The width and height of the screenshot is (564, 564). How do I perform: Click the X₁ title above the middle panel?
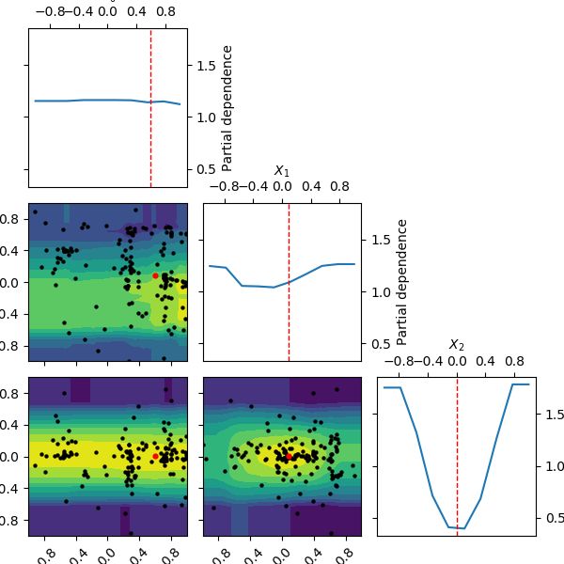[281, 170]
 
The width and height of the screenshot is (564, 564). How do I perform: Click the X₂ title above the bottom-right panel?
[457, 345]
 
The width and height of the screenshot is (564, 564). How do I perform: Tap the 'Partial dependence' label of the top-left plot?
[227, 108]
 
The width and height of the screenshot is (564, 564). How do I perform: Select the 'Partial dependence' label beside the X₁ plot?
[401, 282]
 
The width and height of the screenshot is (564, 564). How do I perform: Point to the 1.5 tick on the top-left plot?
[205, 65]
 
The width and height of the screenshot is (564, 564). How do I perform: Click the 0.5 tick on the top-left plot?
[205, 169]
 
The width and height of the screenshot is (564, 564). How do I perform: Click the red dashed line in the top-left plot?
[150, 108]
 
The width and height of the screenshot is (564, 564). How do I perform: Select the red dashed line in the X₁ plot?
[289, 282]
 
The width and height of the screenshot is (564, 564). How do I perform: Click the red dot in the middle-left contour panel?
[155, 275]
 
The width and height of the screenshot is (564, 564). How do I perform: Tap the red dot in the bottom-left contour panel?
[155, 456]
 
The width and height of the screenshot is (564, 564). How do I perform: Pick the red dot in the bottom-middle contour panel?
[289, 456]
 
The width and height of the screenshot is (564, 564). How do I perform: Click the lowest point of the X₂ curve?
[462, 528]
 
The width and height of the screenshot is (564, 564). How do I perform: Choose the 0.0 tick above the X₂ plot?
[457, 360]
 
